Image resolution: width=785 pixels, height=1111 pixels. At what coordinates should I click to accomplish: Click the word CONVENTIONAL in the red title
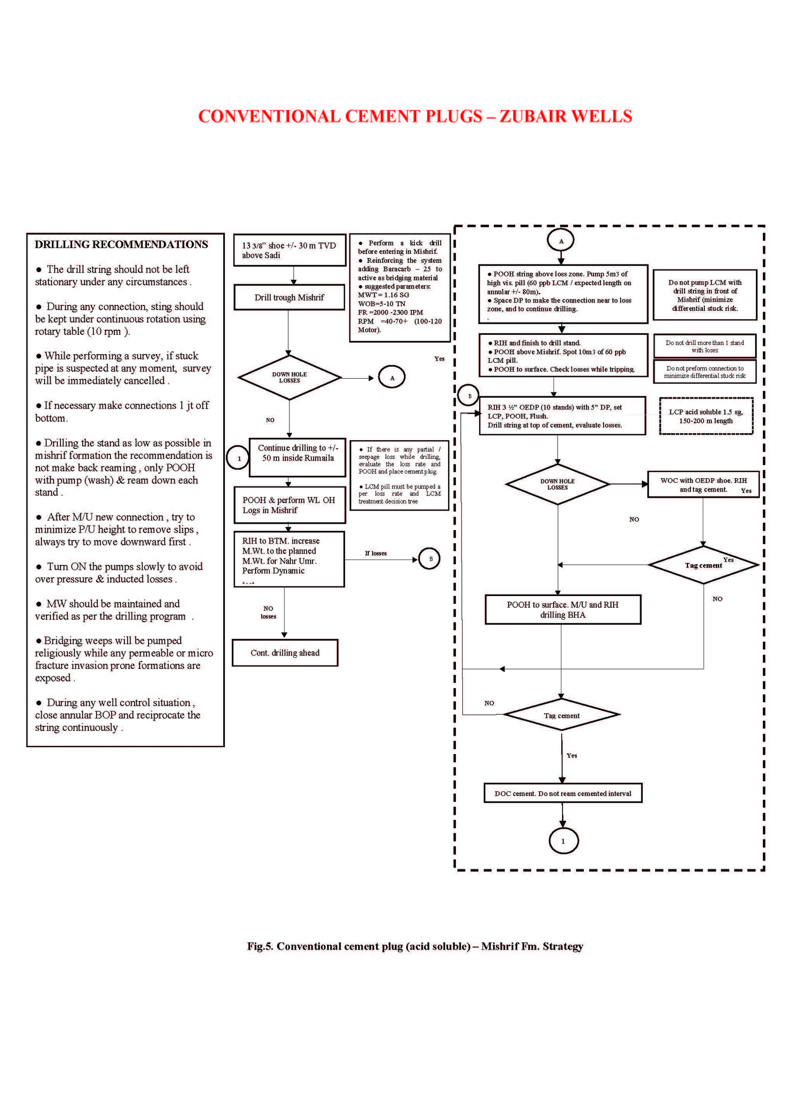269,116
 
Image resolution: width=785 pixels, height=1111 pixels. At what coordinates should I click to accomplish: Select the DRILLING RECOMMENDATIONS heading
121,244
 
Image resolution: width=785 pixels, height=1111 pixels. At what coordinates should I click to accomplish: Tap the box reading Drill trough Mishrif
289,297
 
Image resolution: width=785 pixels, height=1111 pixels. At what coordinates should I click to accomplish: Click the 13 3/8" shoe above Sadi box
289,250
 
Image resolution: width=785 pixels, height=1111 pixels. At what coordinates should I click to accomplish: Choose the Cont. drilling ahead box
285,653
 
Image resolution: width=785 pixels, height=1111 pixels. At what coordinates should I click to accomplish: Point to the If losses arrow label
376,553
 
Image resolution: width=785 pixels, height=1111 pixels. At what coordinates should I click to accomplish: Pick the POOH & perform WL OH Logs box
289,505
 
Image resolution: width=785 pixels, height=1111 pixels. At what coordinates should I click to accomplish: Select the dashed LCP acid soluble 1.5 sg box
706,416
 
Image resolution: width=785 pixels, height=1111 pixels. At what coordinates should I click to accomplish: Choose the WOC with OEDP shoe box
703,484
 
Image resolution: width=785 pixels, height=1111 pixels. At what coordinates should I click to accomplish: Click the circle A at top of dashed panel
561,240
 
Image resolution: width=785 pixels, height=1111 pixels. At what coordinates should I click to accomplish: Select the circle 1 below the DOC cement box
563,841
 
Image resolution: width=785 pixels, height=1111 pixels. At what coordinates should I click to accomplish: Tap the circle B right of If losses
429,559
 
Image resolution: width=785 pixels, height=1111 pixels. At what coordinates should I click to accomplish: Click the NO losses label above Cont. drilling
268,612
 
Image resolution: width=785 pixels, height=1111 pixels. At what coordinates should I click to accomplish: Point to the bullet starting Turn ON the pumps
119,572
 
